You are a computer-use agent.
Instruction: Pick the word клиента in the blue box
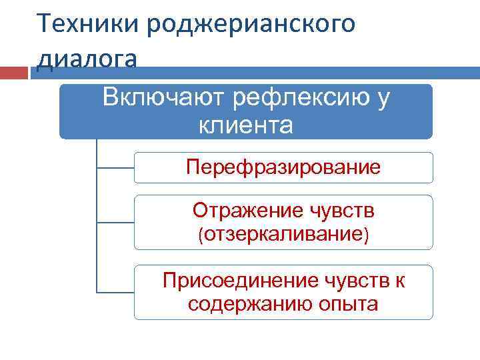(x=246, y=125)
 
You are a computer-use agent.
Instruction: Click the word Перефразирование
(x=283, y=167)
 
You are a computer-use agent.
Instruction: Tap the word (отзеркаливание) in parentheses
(x=283, y=234)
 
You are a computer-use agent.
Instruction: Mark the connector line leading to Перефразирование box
(x=115, y=167)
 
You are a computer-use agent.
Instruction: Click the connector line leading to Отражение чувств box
(x=115, y=222)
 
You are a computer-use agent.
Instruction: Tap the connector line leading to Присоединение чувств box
(x=115, y=292)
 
